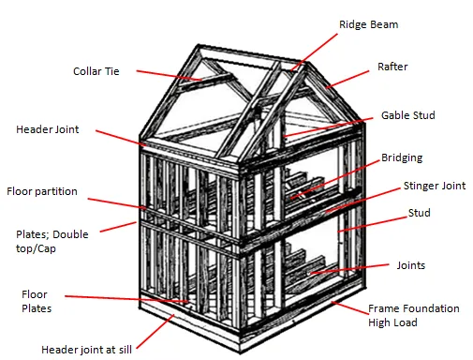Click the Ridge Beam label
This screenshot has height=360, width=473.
pyautogui.click(x=368, y=24)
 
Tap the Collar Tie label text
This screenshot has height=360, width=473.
pyautogui.click(x=96, y=71)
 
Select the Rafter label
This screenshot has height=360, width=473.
pyautogui.click(x=392, y=67)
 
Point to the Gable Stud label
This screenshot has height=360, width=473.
pyautogui.click(x=408, y=115)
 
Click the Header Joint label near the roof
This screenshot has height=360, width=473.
pyautogui.click(x=48, y=129)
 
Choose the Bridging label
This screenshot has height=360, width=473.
pyautogui.click(x=402, y=157)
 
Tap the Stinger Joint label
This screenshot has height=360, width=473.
pyautogui.click(x=435, y=186)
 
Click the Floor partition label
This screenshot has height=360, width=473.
pyautogui.click(x=42, y=191)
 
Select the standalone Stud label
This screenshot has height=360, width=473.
pyautogui.click(x=419, y=213)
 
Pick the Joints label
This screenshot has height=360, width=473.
pyautogui.click(x=411, y=265)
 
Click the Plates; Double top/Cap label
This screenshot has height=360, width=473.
pyautogui.click(x=52, y=241)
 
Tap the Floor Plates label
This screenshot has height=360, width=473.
pyautogui.click(x=37, y=301)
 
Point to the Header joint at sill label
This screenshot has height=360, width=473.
pyautogui.click(x=86, y=350)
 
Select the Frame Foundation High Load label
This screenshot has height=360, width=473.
pyautogui.click(x=414, y=315)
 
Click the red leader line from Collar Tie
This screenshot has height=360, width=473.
pyautogui.click(x=169, y=76)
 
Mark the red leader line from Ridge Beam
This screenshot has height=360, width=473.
pyautogui.click(x=314, y=52)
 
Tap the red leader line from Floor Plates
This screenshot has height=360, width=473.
pyautogui.click(x=126, y=299)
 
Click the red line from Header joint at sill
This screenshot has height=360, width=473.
pyautogui.click(x=155, y=331)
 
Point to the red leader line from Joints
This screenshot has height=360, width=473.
pyautogui.click(x=349, y=269)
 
